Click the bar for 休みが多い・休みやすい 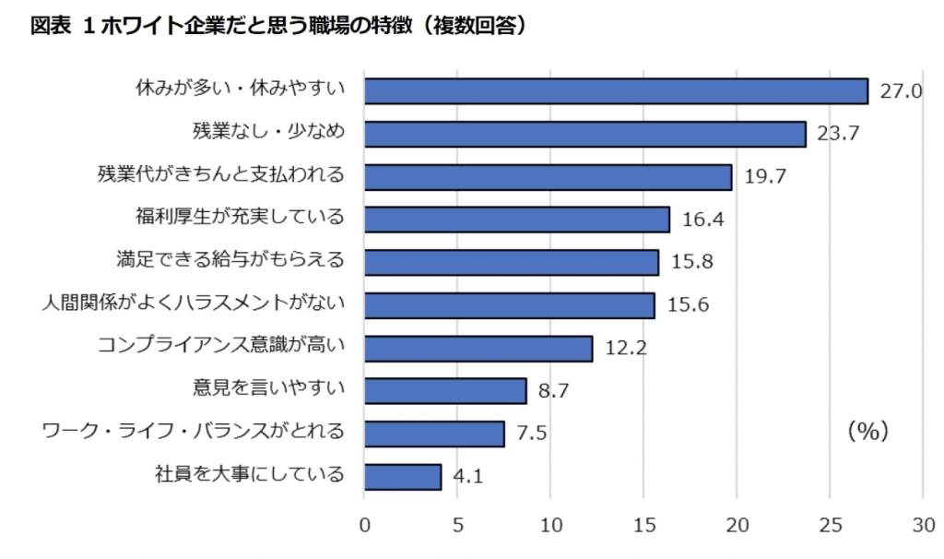616,90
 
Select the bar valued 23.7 584,134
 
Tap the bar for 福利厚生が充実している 516,220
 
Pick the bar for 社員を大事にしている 403,477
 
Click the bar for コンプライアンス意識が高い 478,348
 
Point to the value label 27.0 902,91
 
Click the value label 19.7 765,177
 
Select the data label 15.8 691,263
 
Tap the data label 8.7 553,391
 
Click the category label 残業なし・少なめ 268,132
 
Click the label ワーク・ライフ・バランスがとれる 195,431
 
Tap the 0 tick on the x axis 364,526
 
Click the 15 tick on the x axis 644,526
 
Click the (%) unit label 867,431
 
